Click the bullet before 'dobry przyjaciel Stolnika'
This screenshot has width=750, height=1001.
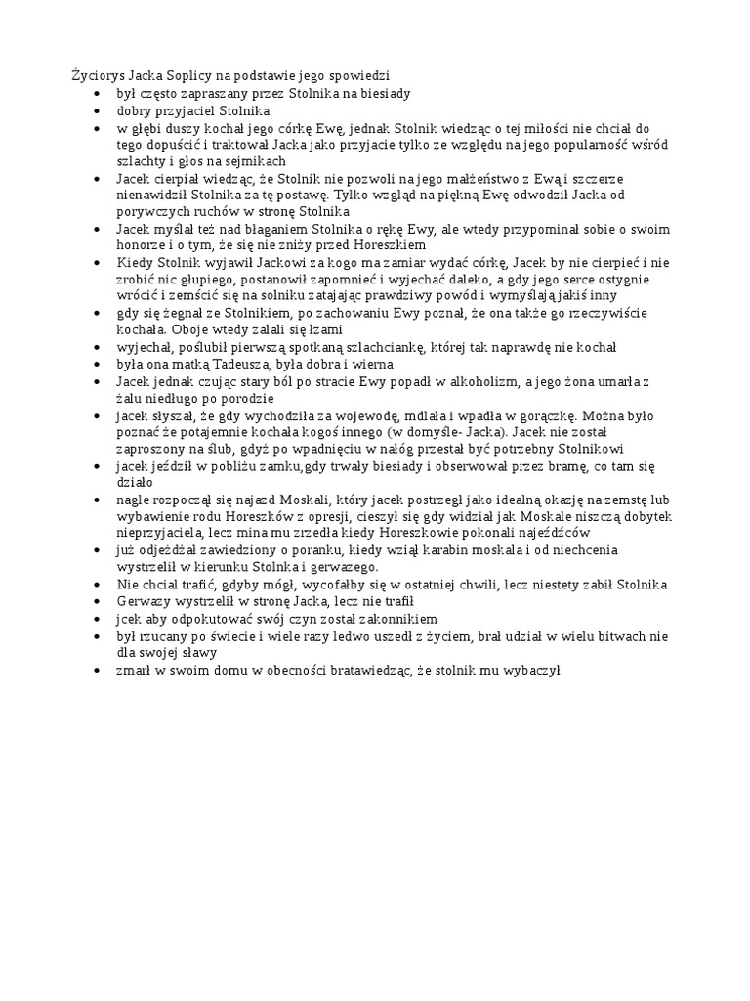click(x=96, y=110)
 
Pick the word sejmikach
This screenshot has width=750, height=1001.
click(x=257, y=161)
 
